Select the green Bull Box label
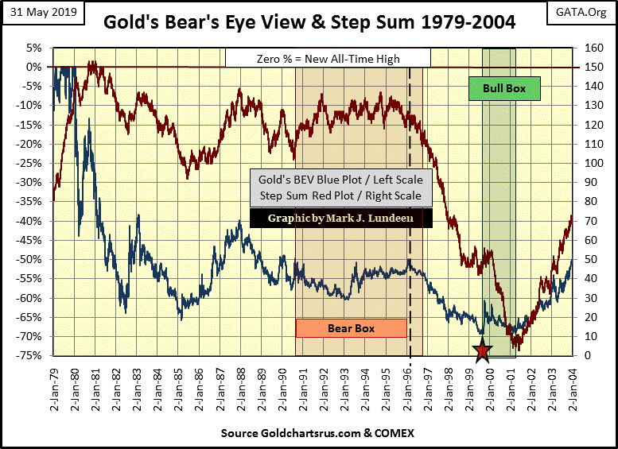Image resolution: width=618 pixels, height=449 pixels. pos(504,88)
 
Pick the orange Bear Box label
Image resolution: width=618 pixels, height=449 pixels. pos(351,327)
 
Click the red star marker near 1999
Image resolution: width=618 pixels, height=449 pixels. pos(482,350)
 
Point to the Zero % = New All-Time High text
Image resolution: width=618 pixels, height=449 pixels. pos(328,58)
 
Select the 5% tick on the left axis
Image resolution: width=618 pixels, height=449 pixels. pos(35,48)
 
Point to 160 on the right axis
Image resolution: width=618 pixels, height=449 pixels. pos(591,48)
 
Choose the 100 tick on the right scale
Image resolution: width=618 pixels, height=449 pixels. pos(591,164)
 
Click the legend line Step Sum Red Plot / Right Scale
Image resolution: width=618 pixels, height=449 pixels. pos(341,195)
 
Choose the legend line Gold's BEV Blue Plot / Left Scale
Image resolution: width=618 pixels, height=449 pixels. pos(341,179)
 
